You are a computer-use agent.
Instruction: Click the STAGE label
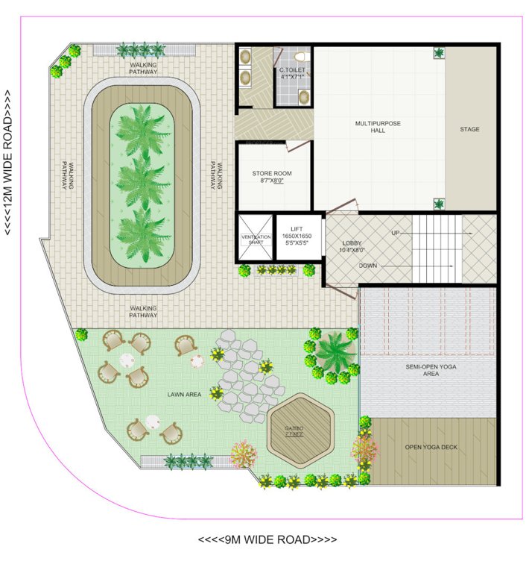click(x=469, y=130)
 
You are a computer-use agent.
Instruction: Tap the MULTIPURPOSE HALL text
click(x=378, y=127)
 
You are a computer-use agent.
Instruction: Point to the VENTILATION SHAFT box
click(x=256, y=237)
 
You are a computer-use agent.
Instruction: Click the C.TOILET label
click(x=292, y=73)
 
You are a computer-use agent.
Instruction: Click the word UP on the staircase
click(x=396, y=234)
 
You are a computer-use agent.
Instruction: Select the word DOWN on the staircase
click(x=367, y=266)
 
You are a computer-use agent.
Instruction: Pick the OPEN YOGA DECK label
click(x=431, y=447)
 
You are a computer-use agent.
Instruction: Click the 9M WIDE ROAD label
click(x=267, y=539)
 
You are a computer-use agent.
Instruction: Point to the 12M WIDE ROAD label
click(x=9, y=163)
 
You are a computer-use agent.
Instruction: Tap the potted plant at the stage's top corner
click(x=439, y=53)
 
